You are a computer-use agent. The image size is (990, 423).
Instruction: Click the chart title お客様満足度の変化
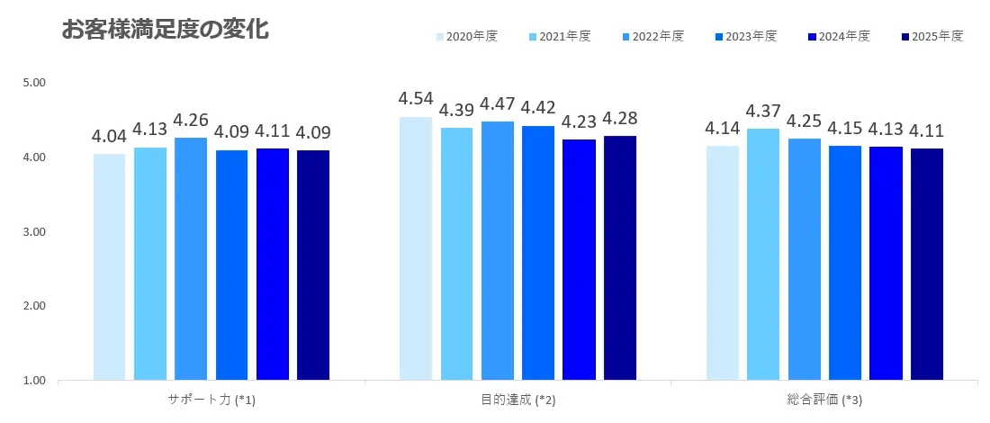click(165, 29)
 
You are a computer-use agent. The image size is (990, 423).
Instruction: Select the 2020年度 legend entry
click(467, 37)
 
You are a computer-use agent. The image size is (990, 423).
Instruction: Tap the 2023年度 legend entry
click(746, 37)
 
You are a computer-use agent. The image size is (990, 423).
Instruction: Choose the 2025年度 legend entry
click(931, 37)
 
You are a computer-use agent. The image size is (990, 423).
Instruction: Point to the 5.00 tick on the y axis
click(33, 83)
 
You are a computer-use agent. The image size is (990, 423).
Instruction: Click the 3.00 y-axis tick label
click(33, 231)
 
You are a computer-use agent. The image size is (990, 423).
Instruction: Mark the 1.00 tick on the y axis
click(33, 381)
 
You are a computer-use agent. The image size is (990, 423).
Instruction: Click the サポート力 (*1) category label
click(211, 400)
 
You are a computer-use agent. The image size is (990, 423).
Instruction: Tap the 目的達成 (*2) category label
click(517, 400)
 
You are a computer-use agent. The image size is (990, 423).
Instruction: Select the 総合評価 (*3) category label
click(823, 400)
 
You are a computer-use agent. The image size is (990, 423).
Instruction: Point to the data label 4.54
click(416, 98)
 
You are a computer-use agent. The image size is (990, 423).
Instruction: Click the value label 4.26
click(191, 120)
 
